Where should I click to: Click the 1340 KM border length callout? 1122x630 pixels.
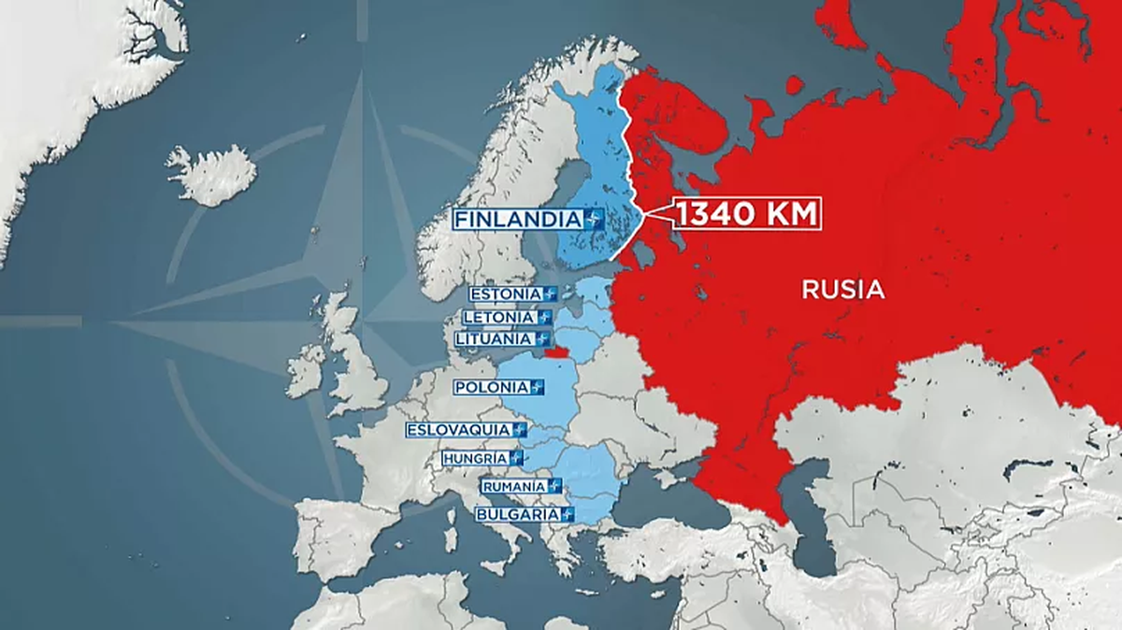(744, 214)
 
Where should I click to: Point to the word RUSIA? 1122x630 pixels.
(842, 290)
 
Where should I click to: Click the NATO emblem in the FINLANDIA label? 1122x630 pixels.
(592, 220)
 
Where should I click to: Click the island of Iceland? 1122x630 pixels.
(212, 175)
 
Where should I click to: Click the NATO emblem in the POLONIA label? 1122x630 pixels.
(536, 387)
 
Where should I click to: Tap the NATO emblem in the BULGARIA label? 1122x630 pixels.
(565, 514)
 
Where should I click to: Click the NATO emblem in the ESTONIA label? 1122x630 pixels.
(549, 294)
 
